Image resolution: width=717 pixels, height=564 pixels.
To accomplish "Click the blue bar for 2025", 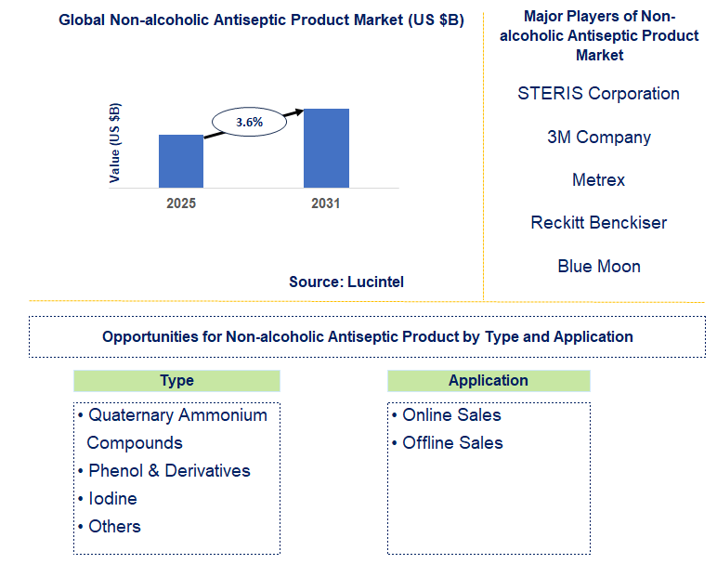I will tap(181, 161).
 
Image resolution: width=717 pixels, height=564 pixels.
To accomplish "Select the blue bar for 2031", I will tap(326, 148).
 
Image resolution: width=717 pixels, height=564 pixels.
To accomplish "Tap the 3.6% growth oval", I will tap(248, 122).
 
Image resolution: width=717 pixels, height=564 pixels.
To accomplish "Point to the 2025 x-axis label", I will tap(181, 203).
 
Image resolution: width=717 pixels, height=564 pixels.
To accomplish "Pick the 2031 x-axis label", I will tap(326, 203).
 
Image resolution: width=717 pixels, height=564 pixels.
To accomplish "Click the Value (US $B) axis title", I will tap(115, 142).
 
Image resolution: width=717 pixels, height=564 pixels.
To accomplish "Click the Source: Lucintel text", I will tap(346, 282).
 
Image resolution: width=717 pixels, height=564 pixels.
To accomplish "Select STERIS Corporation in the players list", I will tap(598, 94).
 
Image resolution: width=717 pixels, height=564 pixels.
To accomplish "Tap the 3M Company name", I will tap(598, 138).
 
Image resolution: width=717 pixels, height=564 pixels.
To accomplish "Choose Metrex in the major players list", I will tap(598, 180).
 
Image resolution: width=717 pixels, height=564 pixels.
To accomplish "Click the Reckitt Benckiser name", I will tap(598, 223).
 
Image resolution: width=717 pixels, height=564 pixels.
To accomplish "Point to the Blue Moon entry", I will tap(598, 267).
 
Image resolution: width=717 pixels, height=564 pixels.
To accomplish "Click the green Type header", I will tap(176, 380).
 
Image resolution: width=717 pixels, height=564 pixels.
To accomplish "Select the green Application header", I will tap(488, 380).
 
